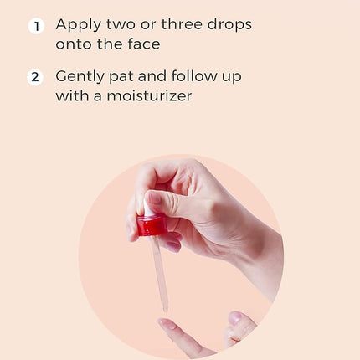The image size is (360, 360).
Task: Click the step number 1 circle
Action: tap(36, 27)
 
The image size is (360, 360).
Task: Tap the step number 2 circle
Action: tap(35, 77)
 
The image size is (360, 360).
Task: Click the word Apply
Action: tap(79, 25)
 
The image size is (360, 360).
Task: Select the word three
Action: tap(182, 24)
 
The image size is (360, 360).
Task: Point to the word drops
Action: tap(229, 25)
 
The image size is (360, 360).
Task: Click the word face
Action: tap(144, 44)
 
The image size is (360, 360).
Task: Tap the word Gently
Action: tap(80, 77)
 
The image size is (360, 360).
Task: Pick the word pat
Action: tap(121, 78)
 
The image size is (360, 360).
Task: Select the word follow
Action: tap(194, 76)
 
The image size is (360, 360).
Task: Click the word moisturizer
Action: tap(149, 95)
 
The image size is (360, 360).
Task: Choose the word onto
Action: tap(74, 44)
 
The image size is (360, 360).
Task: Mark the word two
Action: tap(121, 24)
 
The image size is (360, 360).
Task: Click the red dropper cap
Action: tap(152, 225)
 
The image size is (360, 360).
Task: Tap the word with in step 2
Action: tap(72, 95)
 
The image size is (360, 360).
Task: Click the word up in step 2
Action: tap(232, 78)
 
